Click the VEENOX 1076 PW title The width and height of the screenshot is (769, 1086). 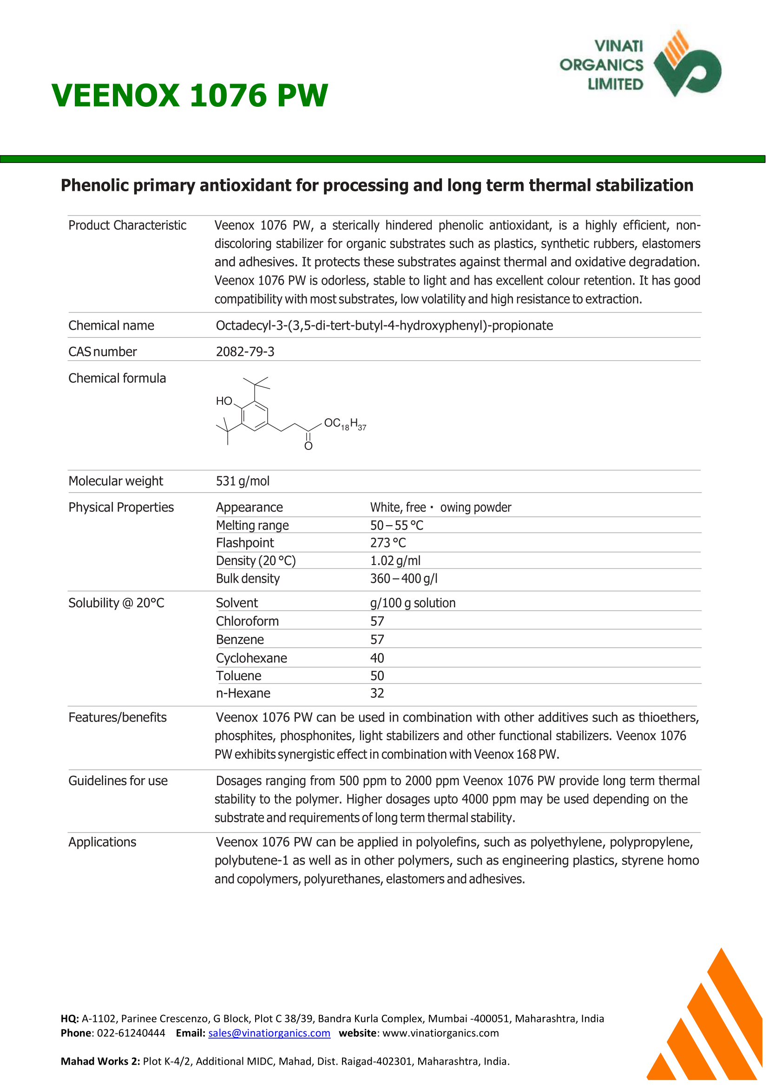pos(190,96)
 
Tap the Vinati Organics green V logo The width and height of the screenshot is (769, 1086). pos(688,66)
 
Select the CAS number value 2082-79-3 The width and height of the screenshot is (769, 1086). pos(245,351)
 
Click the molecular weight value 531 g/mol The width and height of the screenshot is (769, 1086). pos(243,481)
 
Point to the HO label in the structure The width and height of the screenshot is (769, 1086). pos(224,401)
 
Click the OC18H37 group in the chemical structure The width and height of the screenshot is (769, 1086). pos(345,424)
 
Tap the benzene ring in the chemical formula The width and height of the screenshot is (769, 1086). pos(255,416)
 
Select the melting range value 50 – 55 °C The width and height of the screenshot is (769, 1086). pos(396,525)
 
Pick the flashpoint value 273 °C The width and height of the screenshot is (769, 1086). pos(388,543)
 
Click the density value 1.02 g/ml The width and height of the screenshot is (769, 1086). pos(395,561)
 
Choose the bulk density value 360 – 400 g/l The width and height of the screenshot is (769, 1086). pos(403,578)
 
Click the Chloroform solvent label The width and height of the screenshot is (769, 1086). pos(247,621)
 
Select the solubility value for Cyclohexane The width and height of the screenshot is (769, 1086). pos(377,658)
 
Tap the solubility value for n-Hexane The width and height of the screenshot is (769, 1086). pos(377,693)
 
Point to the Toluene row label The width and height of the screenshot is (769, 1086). pos(239,676)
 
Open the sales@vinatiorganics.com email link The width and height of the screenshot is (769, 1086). pos(269,1033)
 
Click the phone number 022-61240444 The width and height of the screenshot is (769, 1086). pos(131,1033)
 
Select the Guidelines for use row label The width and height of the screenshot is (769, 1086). pos(118,781)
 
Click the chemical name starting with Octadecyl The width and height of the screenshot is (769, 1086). pos(384,325)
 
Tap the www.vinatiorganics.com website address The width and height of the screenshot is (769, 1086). pos(440,1033)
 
